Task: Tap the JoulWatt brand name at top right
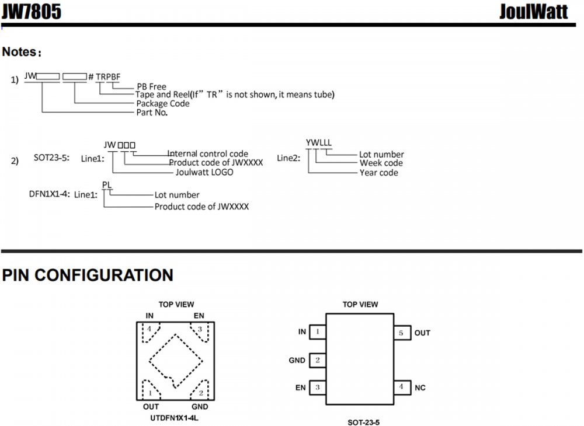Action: click(x=533, y=12)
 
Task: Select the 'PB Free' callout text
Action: click(x=151, y=87)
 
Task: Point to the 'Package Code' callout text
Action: click(x=163, y=103)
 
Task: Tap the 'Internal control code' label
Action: click(x=208, y=154)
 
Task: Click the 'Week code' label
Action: click(x=381, y=163)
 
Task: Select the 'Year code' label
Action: click(x=379, y=172)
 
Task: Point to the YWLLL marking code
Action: click(x=319, y=142)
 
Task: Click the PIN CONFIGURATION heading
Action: click(x=88, y=275)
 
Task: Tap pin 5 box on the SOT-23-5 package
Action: click(x=401, y=333)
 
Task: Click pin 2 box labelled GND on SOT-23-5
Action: click(x=317, y=360)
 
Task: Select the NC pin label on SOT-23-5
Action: click(x=420, y=387)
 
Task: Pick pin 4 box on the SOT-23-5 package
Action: click(x=401, y=387)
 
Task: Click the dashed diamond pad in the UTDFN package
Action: click(x=175, y=360)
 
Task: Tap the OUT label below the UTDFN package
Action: click(x=151, y=407)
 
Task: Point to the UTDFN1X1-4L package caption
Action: click(x=176, y=418)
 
